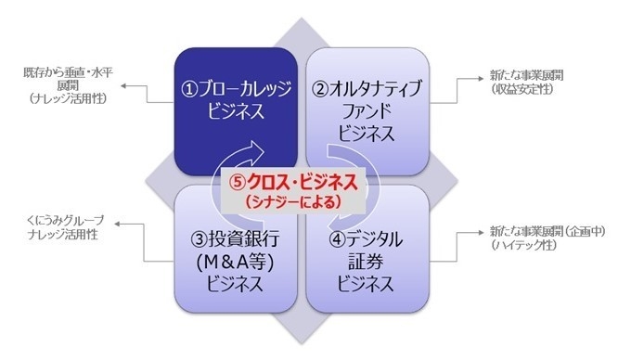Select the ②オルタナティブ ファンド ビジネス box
370,109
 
